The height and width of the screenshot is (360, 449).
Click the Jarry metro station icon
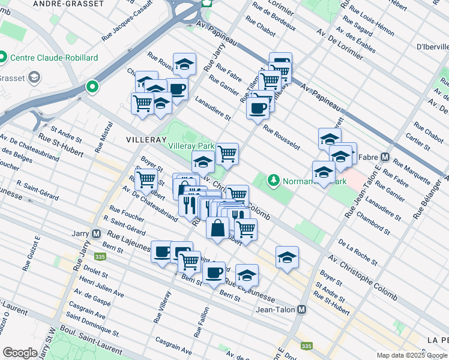tap(96, 233)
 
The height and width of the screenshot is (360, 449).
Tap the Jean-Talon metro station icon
tap(302, 310)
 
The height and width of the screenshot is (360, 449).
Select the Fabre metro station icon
tap(385, 158)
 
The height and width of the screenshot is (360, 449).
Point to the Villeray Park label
tap(191, 146)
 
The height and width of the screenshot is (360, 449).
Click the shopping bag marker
tap(218, 227)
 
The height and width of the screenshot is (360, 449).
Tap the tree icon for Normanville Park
tap(274, 180)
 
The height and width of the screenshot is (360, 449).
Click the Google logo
tap(20, 353)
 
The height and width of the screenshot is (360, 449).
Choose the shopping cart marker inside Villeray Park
tap(227, 154)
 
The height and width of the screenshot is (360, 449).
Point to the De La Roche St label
tap(357, 252)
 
